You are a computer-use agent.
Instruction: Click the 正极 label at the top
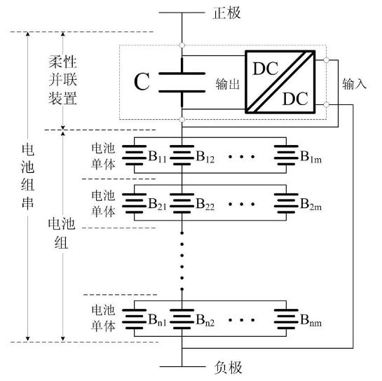tap(227, 13)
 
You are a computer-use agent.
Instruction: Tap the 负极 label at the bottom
tap(228, 367)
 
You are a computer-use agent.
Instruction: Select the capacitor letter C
tap(142, 81)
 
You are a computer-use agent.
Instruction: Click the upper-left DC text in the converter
tap(266, 69)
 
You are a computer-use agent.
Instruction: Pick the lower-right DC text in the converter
tap(295, 99)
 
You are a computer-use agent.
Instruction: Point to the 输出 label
tap(227, 84)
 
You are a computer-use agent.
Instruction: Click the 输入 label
tap(354, 84)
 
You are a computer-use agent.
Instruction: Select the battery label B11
tap(158, 156)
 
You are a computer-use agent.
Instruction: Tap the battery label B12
tap(205, 156)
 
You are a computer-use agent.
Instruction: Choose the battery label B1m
tap(311, 156)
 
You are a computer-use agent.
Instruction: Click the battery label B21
tap(158, 204)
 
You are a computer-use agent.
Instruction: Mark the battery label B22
tap(205, 204)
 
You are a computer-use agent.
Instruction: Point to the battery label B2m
tap(311, 204)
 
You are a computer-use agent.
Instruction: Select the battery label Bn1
tap(158, 319)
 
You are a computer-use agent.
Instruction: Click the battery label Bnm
tap(311, 319)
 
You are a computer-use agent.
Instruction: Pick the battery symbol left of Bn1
tap(135, 319)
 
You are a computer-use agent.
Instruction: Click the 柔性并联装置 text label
tap(62, 81)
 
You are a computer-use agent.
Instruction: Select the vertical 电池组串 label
tap(27, 176)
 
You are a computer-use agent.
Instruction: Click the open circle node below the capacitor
tap(182, 119)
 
